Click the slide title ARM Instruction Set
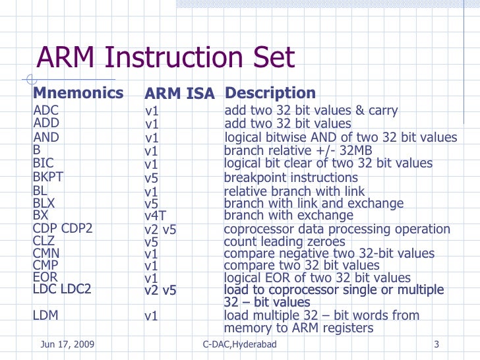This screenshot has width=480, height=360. [165, 59]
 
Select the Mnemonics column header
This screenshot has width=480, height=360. [78, 93]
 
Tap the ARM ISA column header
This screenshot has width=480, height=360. [179, 94]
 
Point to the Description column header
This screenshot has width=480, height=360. [270, 94]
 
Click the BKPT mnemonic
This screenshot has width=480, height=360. [48, 177]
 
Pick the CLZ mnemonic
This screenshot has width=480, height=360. [44, 241]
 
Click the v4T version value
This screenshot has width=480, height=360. [155, 216]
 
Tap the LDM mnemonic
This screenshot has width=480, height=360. [45, 316]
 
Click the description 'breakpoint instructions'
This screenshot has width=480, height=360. [291, 178]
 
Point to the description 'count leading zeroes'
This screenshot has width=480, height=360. [284, 242]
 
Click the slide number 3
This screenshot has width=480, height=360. [437, 345]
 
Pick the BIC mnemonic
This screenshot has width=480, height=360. [44, 163]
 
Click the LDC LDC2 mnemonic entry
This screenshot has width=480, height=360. [62, 290]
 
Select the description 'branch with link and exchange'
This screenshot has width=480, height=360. [314, 204]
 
